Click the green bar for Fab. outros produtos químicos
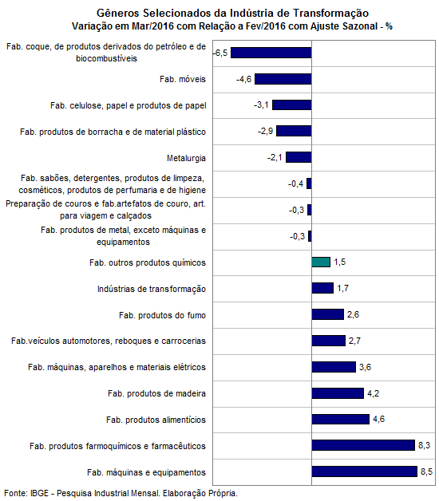point(321,262)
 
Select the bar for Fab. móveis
point(283,79)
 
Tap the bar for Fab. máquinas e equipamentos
point(365,471)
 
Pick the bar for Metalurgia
point(299,157)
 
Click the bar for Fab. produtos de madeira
point(338,393)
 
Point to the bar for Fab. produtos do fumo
point(328,314)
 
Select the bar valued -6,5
point(271,53)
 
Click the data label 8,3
point(425,445)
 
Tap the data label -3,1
point(261,105)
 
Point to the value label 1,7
point(342,288)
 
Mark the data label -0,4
point(295,183)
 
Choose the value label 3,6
point(365,367)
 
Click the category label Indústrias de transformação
point(152,289)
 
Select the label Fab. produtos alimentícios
point(156,420)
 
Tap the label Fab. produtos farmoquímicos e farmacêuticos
point(117,446)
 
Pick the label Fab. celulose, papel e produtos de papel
point(129,105)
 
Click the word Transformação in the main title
point(331,14)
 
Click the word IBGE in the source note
point(39,493)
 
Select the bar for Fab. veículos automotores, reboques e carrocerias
point(329,341)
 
